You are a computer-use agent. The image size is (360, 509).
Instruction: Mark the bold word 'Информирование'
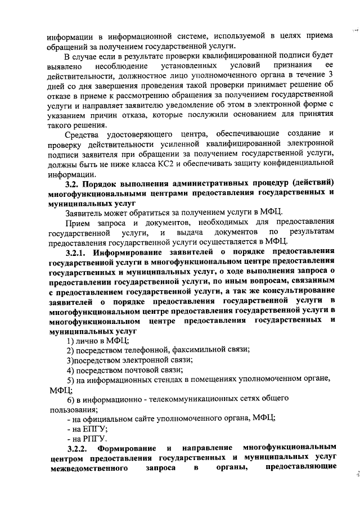[127, 252]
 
